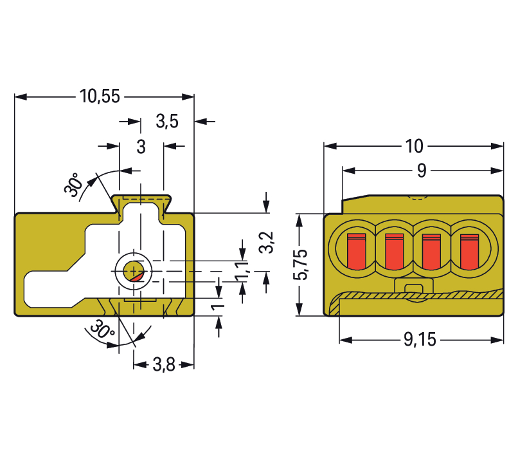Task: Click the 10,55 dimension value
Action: (x=100, y=97)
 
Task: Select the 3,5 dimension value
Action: (x=166, y=121)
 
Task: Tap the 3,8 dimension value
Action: (x=164, y=365)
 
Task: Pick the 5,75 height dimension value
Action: (x=300, y=265)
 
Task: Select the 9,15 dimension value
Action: (x=420, y=340)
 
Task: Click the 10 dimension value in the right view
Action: (x=415, y=146)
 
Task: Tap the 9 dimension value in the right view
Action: (x=422, y=171)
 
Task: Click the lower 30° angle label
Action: (x=100, y=332)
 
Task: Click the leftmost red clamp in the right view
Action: (x=355, y=251)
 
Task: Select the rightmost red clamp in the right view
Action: (x=469, y=251)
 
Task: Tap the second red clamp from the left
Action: (x=393, y=251)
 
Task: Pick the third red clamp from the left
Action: (x=431, y=251)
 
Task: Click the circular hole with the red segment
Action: (x=134, y=270)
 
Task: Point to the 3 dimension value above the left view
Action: (x=141, y=147)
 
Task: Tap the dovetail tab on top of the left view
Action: (x=141, y=201)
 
